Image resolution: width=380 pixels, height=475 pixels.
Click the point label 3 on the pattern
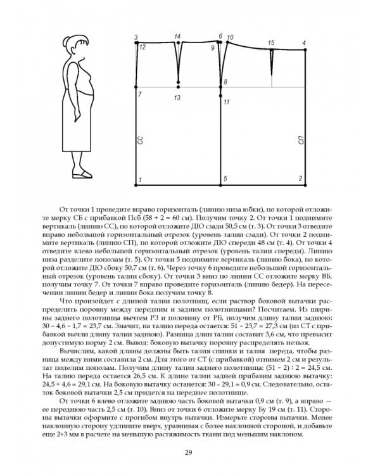pyautogui.click(x=136, y=37)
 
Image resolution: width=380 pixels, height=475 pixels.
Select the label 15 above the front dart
pyautogui.click(x=271, y=42)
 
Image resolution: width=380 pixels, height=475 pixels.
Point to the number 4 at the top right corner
pyautogui.click(x=304, y=42)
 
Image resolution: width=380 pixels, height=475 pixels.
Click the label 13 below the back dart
pyautogui.click(x=177, y=98)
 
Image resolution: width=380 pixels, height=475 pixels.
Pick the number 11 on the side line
pyautogui.click(x=226, y=101)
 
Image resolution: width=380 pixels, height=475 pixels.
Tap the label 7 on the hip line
pyautogui.click(x=140, y=94)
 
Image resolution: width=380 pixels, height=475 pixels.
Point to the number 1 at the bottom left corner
pyautogui.click(x=140, y=180)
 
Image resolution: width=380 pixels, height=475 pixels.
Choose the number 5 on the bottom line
pyautogui.click(x=224, y=180)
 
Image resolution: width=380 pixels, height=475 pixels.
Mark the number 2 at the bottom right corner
pyautogui.click(x=300, y=180)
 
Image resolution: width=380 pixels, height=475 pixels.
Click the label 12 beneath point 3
pyautogui.click(x=142, y=47)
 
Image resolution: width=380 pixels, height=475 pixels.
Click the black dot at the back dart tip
pyautogui.click(x=179, y=84)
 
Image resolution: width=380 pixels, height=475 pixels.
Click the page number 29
pyautogui.click(x=189, y=452)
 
